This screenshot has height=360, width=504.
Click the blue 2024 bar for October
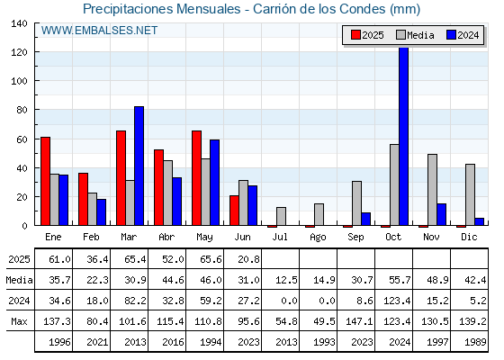click(x=404, y=136)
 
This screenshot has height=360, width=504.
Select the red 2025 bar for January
click(x=45, y=181)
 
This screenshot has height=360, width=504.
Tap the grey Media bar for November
click(x=432, y=190)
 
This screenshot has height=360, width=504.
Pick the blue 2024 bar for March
click(x=139, y=166)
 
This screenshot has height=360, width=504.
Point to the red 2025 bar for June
click(x=234, y=211)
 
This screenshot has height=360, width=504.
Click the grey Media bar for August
click(x=319, y=215)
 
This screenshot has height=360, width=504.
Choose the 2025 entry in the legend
click(x=367, y=35)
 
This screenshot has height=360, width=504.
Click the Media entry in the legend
click(x=415, y=35)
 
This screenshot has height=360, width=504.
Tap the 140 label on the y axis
click(x=19, y=23)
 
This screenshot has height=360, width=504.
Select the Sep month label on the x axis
click(x=355, y=238)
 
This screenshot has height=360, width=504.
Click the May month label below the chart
click(x=204, y=238)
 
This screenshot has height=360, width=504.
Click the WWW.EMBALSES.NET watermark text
click(x=99, y=31)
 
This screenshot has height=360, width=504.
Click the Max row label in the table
click(x=19, y=321)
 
